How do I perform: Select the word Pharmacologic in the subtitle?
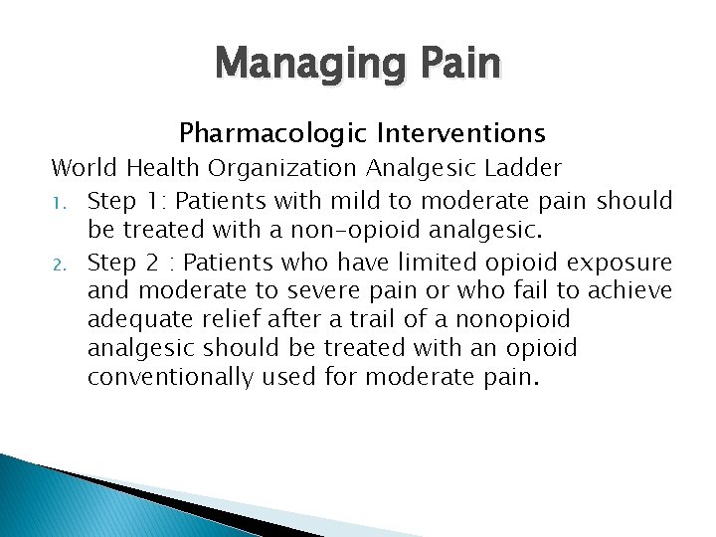point(257,132)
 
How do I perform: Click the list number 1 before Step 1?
point(58,202)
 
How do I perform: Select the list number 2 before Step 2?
point(59,264)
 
